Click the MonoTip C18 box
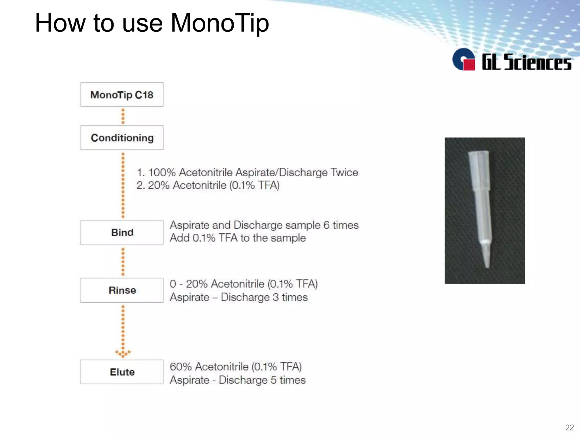[x=122, y=95]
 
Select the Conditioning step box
[x=122, y=138]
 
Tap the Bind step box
[x=122, y=233]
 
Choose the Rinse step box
[x=122, y=290]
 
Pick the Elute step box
[x=122, y=372]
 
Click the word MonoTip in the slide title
[x=220, y=23]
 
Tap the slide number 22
[x=569, y=427]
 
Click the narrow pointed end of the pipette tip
[x=487, y=265]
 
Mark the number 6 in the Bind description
[x=326, y=225]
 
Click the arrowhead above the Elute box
[x=123, y=353]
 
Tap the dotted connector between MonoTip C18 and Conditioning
[x=123, y=116]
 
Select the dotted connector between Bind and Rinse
[x=123, y=261]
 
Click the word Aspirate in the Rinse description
[x=189, y=297]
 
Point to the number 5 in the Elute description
[x=273, y=380]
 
